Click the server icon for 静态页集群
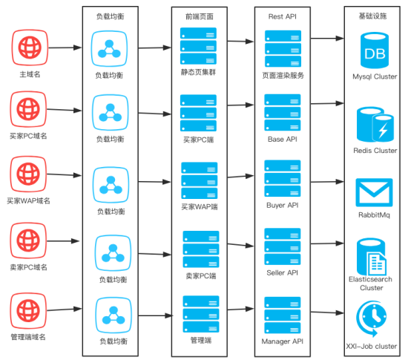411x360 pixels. (x=198, y=46)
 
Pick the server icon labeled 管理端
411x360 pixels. (x=198, y=313)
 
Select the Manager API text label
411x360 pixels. (x=282, y=341)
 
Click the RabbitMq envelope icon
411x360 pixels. (x=375, y=192)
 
